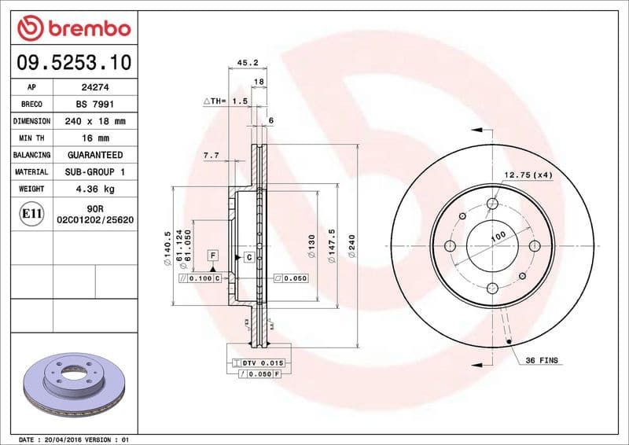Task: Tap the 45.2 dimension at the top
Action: click(248, 63)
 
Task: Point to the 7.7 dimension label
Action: click(211, 156)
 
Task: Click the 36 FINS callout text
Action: click(542, 359)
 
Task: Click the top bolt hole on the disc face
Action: click(492, 204)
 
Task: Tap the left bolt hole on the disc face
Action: click(451, 246)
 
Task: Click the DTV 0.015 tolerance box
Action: click(257, 362)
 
